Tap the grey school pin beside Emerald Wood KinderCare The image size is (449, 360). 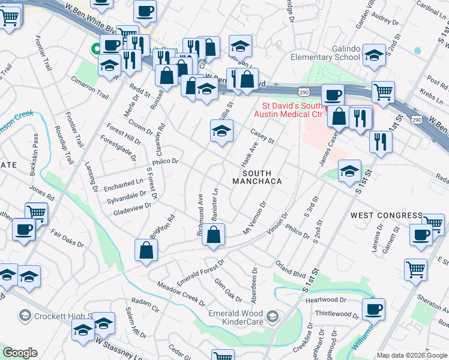click(273, 316)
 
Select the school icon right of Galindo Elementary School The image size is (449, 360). click(373, 56)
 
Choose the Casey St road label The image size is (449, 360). click(262, 136)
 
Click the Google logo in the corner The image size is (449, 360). click(20, 353)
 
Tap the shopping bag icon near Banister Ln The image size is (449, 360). click(213, 235)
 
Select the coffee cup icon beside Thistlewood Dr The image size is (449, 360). click(373, 310)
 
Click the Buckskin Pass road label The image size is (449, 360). click(36, 157)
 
